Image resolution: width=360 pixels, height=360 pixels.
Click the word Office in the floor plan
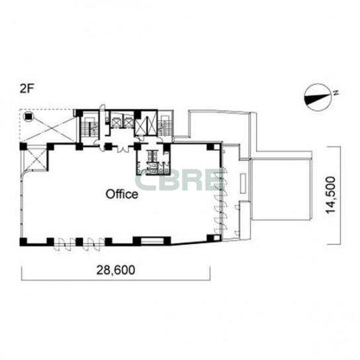[x=122, y=195]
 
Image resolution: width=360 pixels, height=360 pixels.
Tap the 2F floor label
[x=26, y=89]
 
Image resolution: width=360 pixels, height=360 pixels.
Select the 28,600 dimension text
[x=116, y=270]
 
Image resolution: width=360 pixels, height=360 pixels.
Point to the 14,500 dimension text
[x=331, y=195]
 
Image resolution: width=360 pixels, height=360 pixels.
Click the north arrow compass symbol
[x=318, y=97]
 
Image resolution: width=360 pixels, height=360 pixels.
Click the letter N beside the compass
[x=336, y=93]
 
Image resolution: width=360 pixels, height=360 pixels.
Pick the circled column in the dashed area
[x=28, y=116]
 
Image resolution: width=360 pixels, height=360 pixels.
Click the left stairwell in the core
[x=90, y=127]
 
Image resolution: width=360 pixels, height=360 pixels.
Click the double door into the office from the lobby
[x=123, y=148]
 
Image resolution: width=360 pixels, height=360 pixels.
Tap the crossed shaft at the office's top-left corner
[x=34, y=159]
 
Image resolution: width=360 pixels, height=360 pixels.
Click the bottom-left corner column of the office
[x=23, y=242]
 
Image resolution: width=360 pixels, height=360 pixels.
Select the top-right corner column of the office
[x=214, y=146]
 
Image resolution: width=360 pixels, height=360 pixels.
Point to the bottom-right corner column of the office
[x=214, y=238]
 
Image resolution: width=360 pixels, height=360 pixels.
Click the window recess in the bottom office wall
[x=152, y=241]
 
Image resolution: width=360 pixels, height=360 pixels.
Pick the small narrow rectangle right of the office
[x=243, y=184]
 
